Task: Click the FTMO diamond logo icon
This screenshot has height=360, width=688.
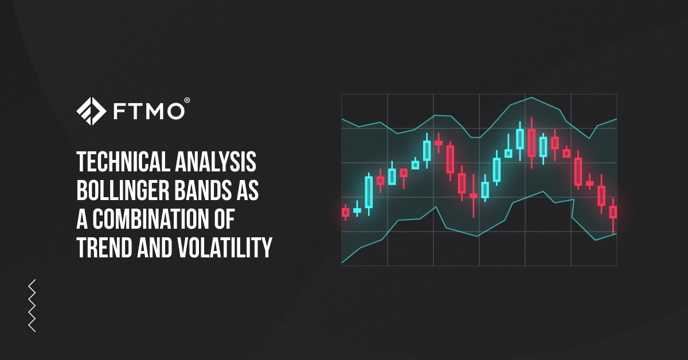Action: click(x=91, y=111)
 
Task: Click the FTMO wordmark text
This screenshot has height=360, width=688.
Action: click(x=149, y=111)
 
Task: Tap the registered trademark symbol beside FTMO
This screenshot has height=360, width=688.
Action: click(x=187, y=100)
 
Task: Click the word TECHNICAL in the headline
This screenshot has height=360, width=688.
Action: click(x=123, y=162)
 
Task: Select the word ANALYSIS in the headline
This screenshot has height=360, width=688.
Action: click(x=216, y=162)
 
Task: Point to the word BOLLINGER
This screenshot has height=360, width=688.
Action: click(x=123, y=190)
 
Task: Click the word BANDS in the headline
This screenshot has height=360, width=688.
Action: click(x=202, y=190)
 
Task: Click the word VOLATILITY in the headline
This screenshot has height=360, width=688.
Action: click(x=225, y=248)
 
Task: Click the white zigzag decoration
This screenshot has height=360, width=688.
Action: click(x=32, y=306)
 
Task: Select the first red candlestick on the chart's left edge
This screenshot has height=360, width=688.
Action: click(x=346, y=212)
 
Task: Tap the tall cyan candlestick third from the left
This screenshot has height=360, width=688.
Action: click(x=369, y=192)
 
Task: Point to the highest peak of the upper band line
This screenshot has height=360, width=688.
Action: click(x=532, y=97)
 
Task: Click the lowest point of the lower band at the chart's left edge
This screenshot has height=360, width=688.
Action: click(x=342, y=263)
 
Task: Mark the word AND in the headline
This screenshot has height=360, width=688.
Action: click(x=155, y=248)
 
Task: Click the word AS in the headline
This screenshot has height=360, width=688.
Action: click(x=247, y=190)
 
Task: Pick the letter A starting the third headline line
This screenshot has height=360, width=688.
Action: click(x=82, y=219)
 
